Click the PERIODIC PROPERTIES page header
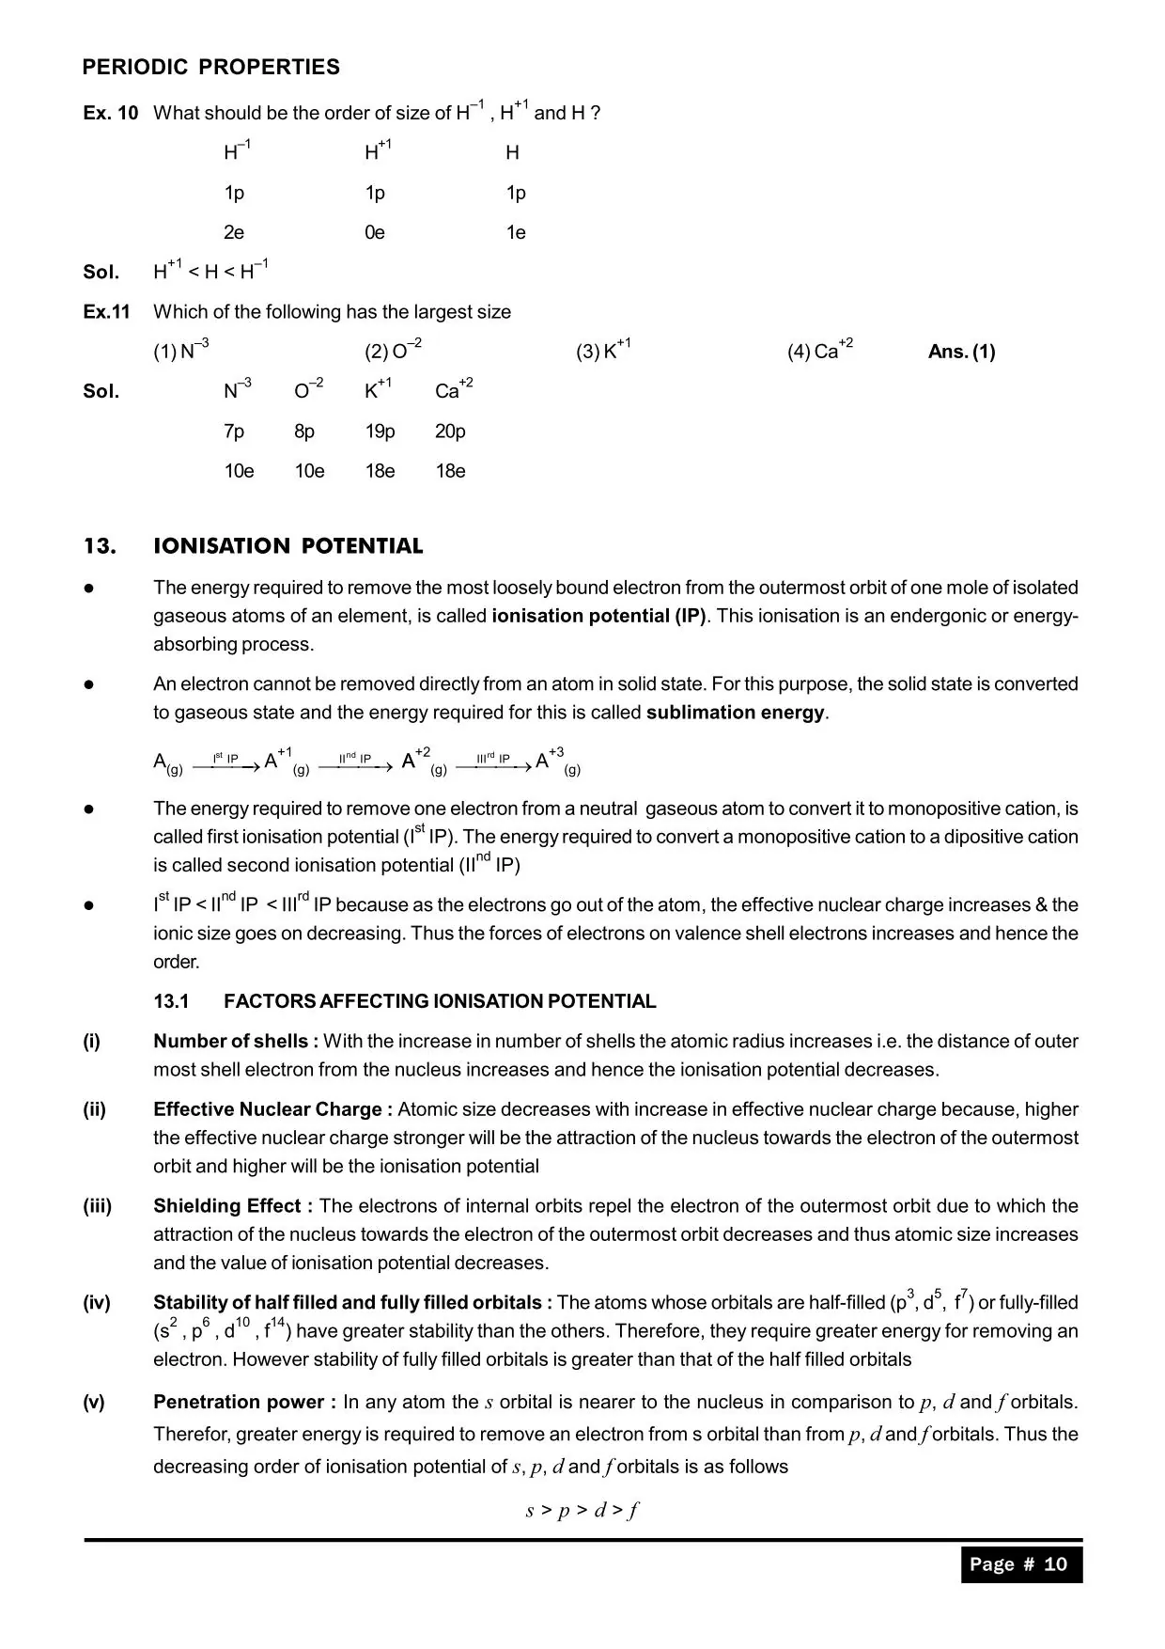tap(210, 67)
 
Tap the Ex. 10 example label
tap(110, 113)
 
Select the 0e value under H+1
tap(375, 232)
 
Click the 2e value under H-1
tap(234, 232)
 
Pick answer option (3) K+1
tap(603, 351)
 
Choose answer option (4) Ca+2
tap(819, 351)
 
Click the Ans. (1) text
tap(961, 352)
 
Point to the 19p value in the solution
tap(380, 432)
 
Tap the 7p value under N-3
tap(234, 432)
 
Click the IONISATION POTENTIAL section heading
tap(287, 546)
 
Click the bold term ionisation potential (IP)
tap(598, 617)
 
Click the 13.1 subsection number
tap(171, 1001)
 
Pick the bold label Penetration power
tap(244, 1402)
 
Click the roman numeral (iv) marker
tap(96, 1303)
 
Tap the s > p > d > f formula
tap(582, 1510)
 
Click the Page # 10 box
tap(1020, 1563)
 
